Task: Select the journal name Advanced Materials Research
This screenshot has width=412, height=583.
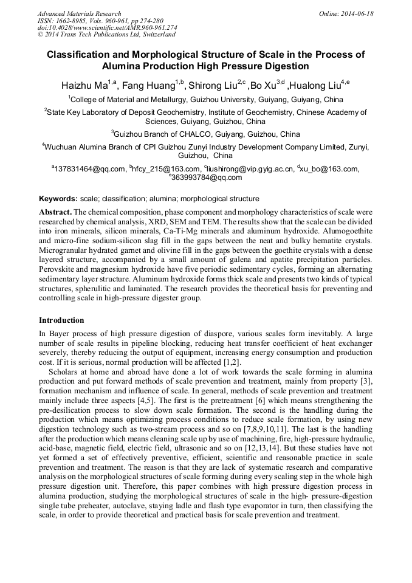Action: tap(79, 13)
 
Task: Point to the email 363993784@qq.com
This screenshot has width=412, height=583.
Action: tap(207, 178)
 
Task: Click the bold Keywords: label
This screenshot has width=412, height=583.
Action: tap(58, 199)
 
